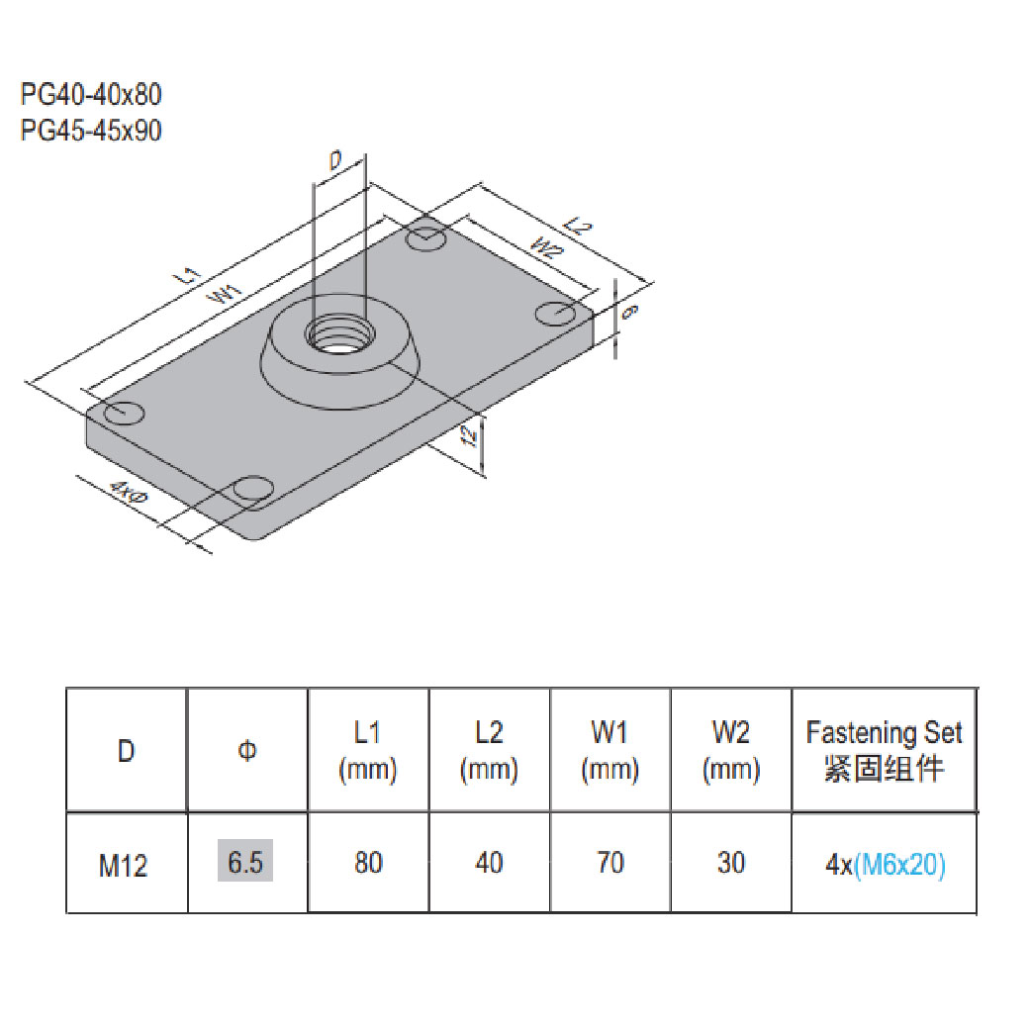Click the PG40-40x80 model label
coord(90,95)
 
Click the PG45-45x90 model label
coord(90,130)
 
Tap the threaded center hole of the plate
coord(338,333)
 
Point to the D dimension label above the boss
coord(335,159)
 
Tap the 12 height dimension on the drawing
coord(475,434)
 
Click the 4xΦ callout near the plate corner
coord(128,491)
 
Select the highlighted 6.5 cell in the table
coord(245,862)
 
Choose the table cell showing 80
coord(368,863)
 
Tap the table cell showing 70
coord(610,863)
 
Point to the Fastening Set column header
coord(884,750)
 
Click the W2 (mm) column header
coord(731,750)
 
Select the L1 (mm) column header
coord(368,750)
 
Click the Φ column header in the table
coord(247,751)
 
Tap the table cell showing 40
coord(489,863)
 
